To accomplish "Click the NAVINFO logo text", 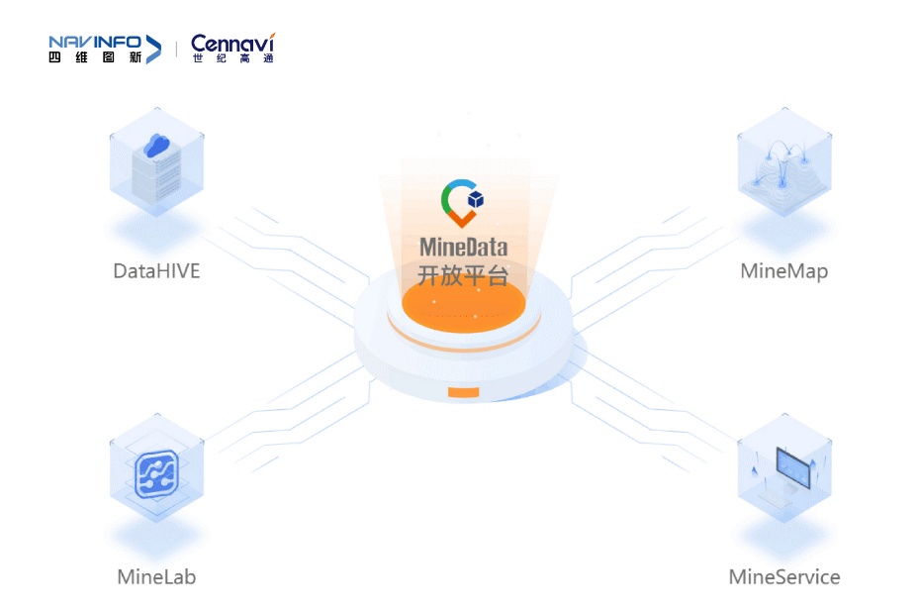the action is [94, 43].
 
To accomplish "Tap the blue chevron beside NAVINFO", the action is [153, 50].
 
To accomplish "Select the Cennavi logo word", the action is [232, 43].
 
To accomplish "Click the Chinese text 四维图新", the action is [95, 57].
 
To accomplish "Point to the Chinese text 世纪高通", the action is [233, 58].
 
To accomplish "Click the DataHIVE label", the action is [156, 271].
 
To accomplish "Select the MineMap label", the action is [783, 271].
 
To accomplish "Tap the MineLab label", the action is [156, 577].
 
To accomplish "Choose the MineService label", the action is [783, 577].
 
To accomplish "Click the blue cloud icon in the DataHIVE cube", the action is [157, 146].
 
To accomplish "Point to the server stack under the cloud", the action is [156, 173].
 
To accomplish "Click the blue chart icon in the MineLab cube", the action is [156, 474].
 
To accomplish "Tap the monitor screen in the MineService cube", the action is [792, 466].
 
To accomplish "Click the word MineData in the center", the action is [464, 247].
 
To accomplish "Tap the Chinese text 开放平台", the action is [463, 275].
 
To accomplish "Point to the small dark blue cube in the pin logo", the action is [476, 200].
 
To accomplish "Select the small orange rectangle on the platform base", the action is [464, 392].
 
